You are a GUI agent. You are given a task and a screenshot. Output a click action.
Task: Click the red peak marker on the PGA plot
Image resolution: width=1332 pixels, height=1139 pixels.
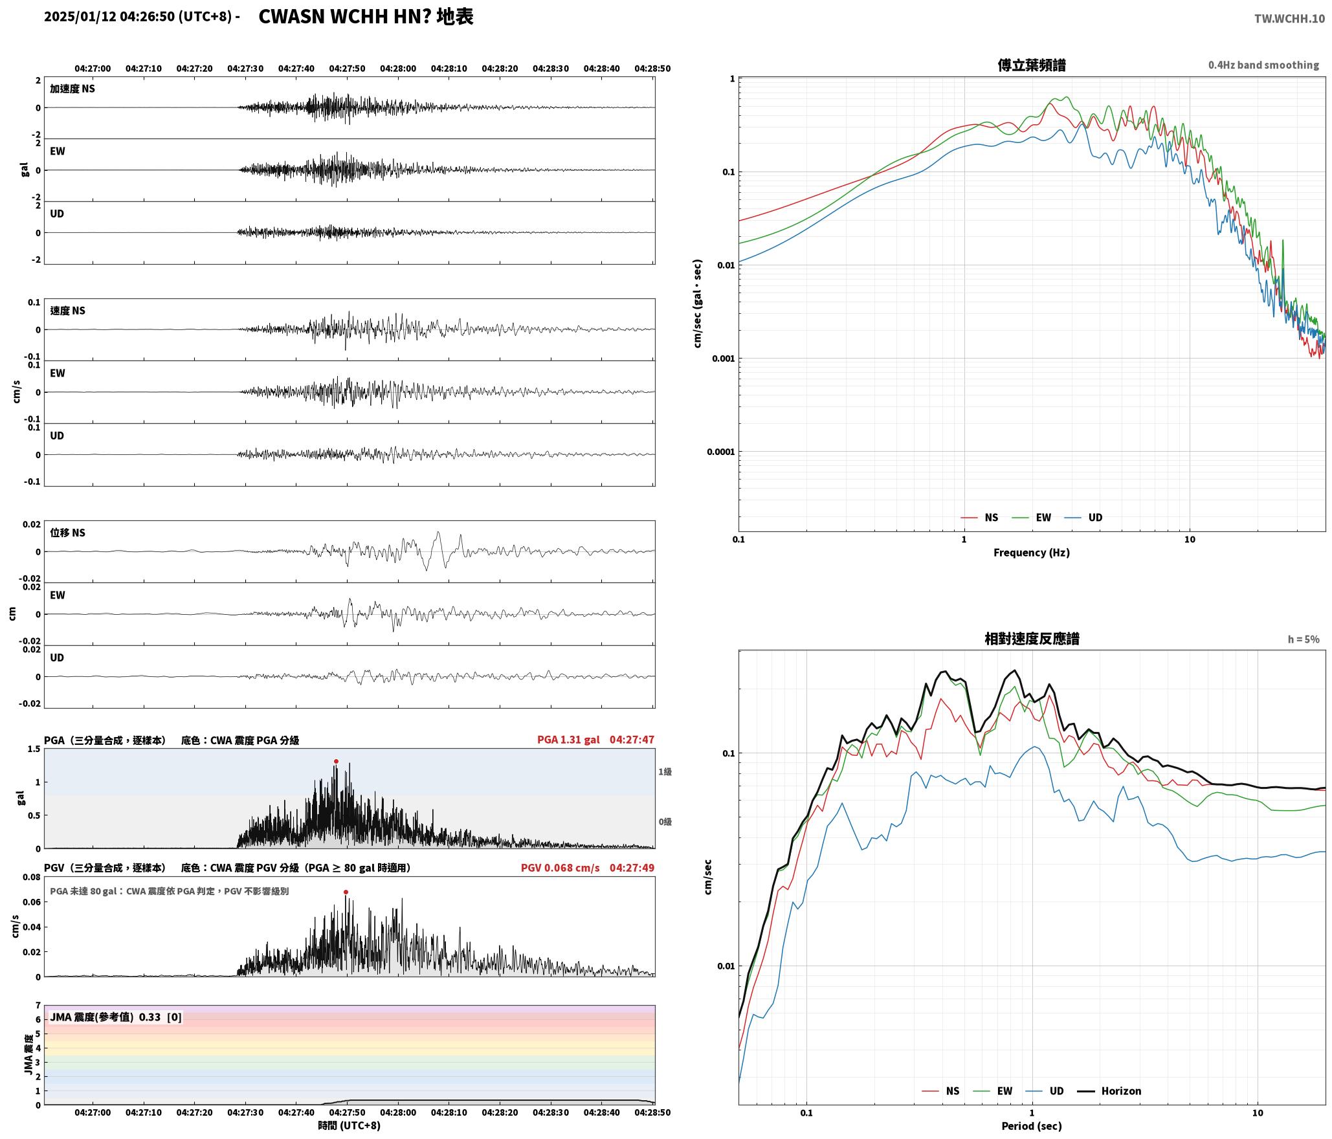(336, 761)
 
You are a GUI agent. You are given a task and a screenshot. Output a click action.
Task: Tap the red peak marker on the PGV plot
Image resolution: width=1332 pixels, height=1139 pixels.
(346, 892)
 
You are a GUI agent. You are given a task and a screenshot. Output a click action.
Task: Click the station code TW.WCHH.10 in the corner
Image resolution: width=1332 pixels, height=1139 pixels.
(1289, 19)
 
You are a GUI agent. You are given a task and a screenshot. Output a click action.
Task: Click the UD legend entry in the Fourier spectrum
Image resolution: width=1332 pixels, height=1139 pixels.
(1083, 517)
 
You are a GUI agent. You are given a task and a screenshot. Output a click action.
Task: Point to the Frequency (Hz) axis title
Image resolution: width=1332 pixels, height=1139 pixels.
(1031, 552)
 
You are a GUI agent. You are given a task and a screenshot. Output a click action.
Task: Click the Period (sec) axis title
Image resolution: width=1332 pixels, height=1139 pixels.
(1031, 1125)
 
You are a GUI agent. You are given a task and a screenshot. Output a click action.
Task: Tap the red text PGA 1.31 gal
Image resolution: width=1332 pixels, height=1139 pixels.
(568, 739)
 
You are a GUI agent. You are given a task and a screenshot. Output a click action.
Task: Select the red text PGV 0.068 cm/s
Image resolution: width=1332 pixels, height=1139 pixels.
(561, 867)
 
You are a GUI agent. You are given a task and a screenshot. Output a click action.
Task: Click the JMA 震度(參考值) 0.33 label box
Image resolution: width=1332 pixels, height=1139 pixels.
(116, 1017)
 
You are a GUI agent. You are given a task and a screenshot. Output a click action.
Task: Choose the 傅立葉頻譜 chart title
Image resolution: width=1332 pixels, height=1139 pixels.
(1032, 65)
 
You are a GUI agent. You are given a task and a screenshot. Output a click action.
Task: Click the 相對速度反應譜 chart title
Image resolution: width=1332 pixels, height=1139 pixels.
(1032, 638)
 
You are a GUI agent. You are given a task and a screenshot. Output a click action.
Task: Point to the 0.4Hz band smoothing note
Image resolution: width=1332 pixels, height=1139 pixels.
(1263, 65)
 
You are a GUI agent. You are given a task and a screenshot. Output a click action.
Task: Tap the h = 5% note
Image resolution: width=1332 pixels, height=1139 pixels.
(1304, 639)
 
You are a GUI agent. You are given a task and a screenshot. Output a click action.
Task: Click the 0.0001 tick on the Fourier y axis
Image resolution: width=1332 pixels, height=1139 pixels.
(719, 452)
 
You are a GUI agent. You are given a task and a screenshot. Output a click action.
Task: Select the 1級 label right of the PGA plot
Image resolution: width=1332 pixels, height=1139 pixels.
(665, 771)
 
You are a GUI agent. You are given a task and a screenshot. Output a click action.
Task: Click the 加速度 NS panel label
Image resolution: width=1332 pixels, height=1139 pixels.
(72, 89)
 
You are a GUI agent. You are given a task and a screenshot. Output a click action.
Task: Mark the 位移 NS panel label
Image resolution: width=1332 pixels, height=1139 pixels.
(68, 533)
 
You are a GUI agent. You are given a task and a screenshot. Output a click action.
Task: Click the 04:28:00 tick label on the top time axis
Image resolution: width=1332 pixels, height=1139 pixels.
(398, 68)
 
